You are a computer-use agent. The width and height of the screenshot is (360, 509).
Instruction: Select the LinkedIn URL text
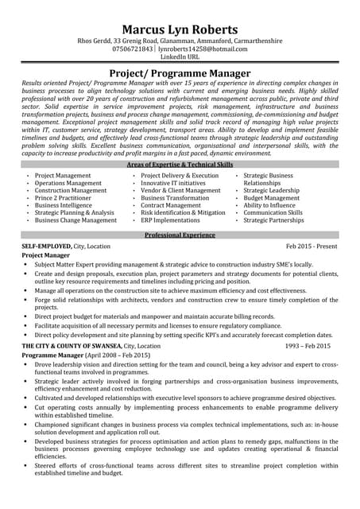(180, 58)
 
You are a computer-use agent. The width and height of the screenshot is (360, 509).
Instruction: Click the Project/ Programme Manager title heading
(180, 73)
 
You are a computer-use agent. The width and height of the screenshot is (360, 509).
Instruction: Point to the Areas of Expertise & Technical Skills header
(180, 164)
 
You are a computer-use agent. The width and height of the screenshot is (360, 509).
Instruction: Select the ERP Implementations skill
(170, 220)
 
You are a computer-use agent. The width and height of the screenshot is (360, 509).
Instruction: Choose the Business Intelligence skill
(69, 205)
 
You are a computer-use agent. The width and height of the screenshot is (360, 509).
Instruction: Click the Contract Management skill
(171, 205)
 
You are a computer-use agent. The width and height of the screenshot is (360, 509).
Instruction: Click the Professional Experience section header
(180, 235)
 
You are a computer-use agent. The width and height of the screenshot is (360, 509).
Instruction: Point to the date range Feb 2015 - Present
(312, 247)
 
